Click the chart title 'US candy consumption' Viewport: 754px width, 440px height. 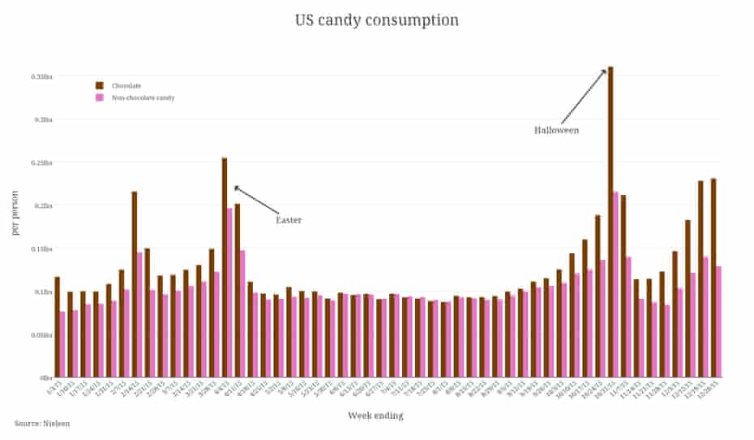(376, 19)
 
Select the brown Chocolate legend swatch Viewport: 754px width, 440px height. (100, 85)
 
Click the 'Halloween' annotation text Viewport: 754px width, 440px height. (556, 130)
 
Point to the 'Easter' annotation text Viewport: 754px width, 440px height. (289, 220)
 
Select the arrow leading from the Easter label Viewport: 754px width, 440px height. (255, 200)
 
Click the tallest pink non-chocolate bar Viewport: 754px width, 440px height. (616, 284)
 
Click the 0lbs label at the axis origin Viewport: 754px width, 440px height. (46, 377)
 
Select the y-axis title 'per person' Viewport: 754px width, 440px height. (15, 213)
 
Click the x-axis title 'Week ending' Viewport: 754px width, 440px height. (375, 416)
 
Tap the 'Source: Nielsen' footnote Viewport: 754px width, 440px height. (41, 424)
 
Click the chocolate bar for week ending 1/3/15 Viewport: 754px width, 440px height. (57, 327)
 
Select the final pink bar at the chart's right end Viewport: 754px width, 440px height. (719, 321)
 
